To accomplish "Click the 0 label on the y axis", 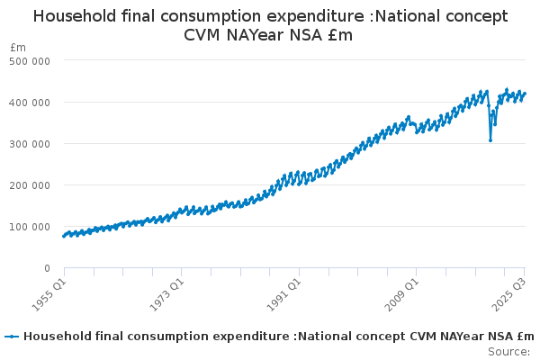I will click(45, 267).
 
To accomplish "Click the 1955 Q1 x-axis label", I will click(50, 289).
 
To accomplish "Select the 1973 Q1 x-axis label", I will click(167, 289).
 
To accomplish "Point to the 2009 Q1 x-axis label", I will click(401, 289).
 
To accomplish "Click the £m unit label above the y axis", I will click(18, 46).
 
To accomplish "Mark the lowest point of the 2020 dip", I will click(490, 139).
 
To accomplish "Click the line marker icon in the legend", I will click(12, 337).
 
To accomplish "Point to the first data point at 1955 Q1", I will click(64, 237).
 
